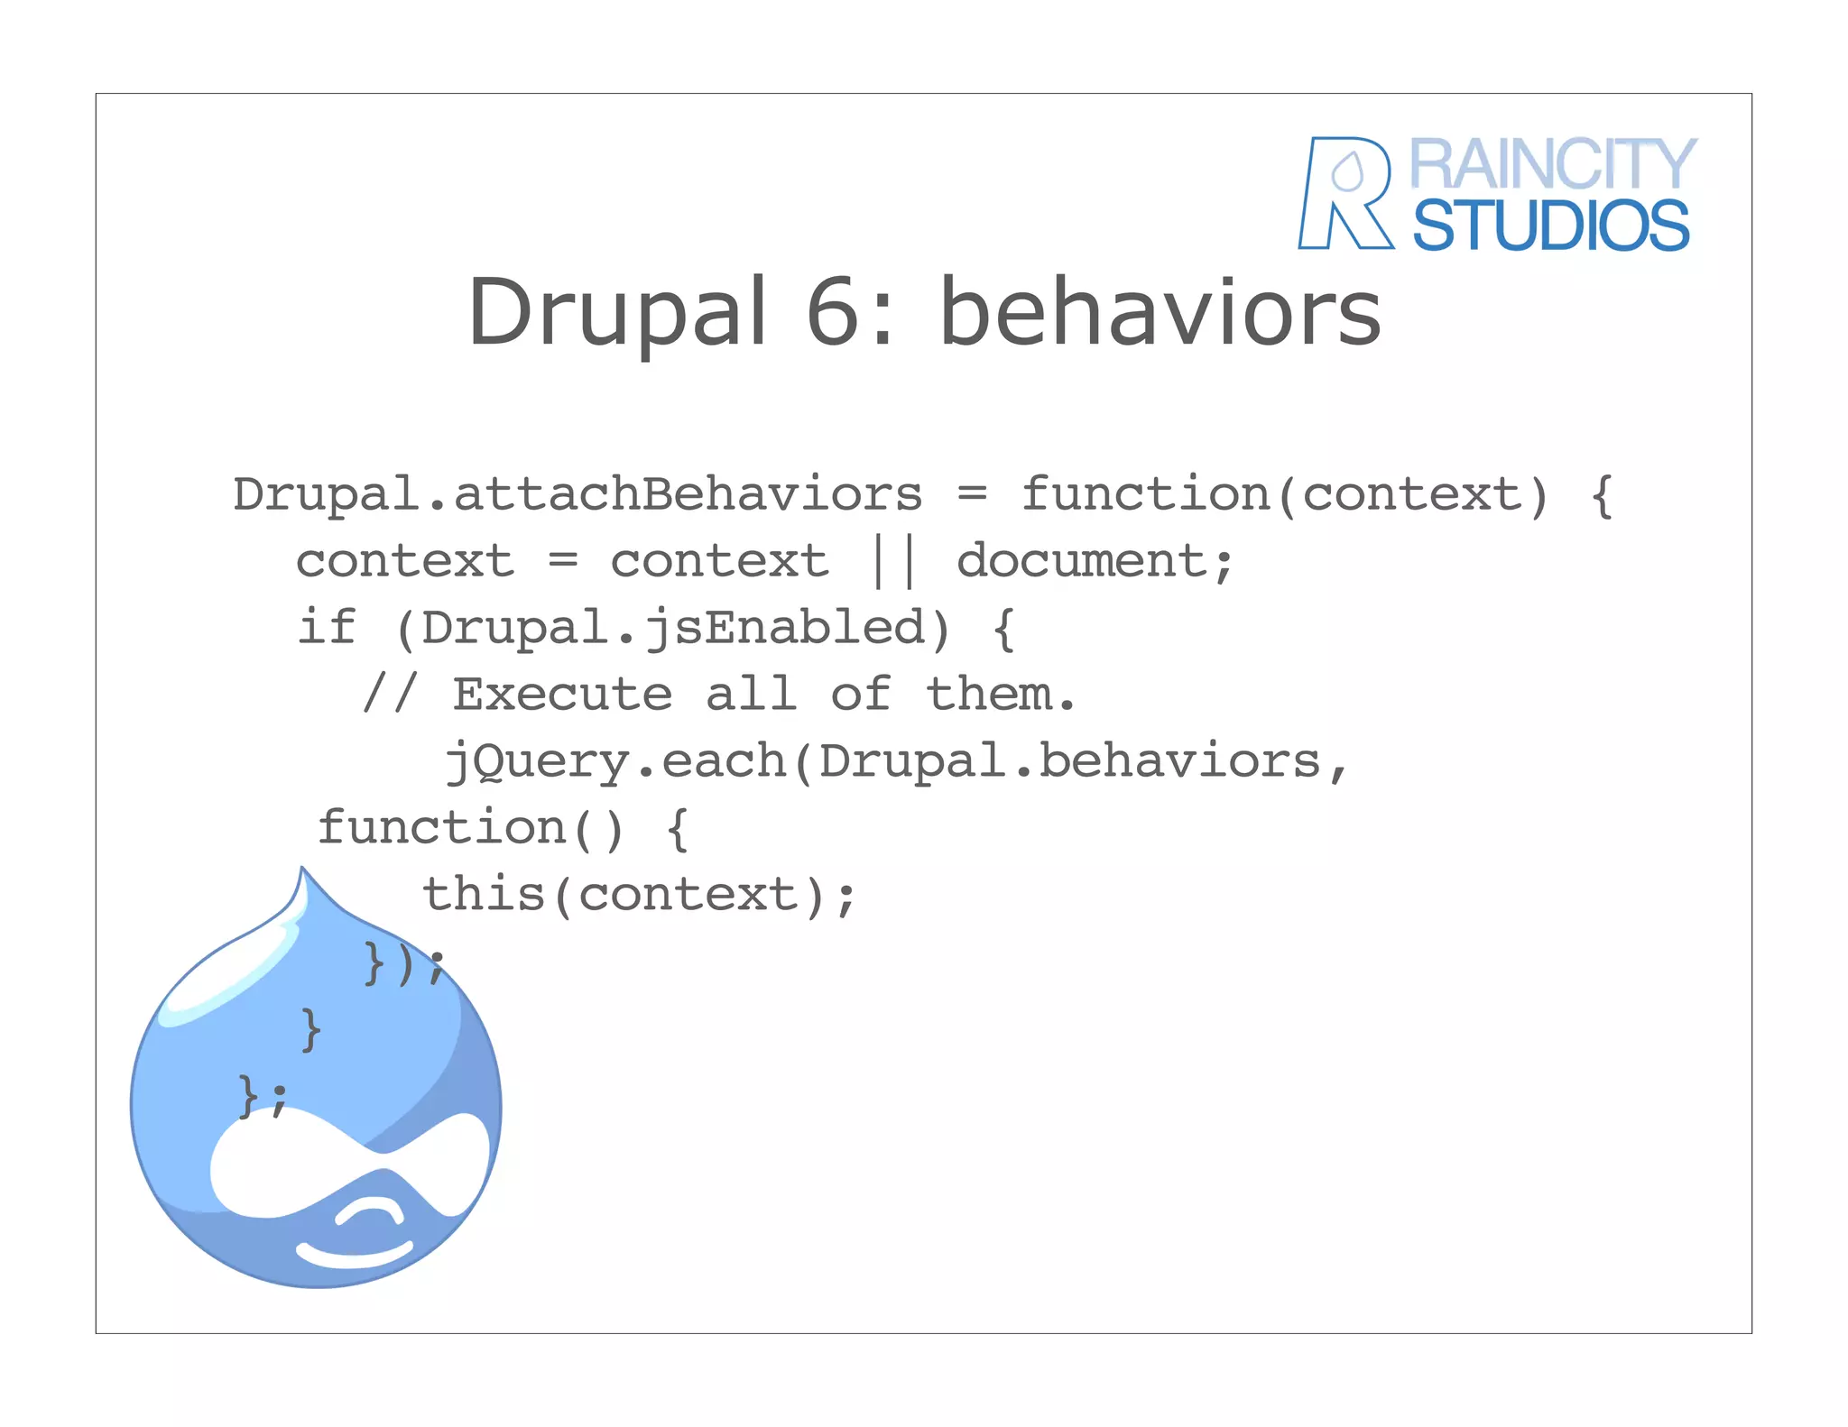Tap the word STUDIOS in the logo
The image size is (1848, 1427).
[1550, 226]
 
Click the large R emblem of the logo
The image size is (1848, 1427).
[1344, 193]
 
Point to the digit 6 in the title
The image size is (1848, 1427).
[833, 311]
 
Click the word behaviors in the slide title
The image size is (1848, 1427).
[1160, 311]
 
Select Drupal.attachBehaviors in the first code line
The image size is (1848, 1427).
[577, 495]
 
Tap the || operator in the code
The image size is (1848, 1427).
[892, 562]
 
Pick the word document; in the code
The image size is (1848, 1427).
[1094, 562]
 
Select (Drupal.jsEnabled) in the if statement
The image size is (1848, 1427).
[673, 629]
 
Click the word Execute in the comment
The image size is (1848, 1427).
[562, 695]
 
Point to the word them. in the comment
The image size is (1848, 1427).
[1000, 695]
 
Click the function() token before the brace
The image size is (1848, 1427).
[470, 828]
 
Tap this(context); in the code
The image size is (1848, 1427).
[639, 896]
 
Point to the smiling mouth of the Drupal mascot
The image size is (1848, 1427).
[354, 1253]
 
